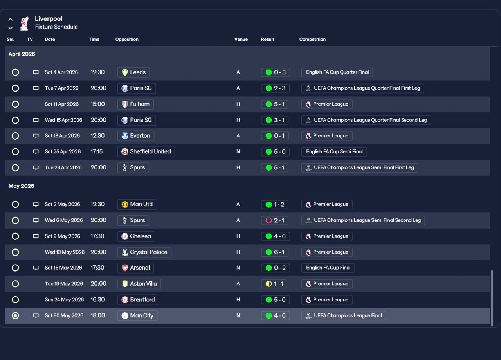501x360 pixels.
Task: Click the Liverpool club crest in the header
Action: pyautogui.click(x=24, y=23)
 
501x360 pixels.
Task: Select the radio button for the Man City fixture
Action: pyautogui.click(x=15, y=316)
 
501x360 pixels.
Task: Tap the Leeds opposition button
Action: pyautogui.click(x=133, y=72)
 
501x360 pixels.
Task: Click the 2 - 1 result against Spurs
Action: pyautogui.click(x=276, y=220)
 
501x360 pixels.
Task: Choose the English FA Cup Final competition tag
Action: pyautogui.click(x=328, y=268)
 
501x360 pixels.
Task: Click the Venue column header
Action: pyautogui.click(x=241, y=40)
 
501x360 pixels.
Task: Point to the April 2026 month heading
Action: pyautogui.click(x=22, y=54)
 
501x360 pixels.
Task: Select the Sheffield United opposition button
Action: pyautogui.click(x=146, y=152)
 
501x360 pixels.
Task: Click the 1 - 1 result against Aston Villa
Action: pyautogui.click(x=276, y=284)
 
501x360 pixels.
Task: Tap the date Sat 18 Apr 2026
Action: pyautogui.click(x=62, y=136)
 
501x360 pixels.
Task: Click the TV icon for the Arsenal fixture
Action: pyautogui.click(x=36, y=268)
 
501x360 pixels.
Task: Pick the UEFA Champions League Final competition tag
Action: pyautogui.click(x=344, y=316)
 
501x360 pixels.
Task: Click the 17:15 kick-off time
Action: pyautogui.click(x=97, y=152)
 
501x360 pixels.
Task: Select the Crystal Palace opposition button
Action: pyautogui.click(x=144, y=252)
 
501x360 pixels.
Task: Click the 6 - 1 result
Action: pyautogui.click(x=276, y=252)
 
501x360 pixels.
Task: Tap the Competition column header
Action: pyautogui.click(x=312, y=40)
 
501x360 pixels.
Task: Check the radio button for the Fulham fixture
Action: pyautogui.click(x=15, y=104)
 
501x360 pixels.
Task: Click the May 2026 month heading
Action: pyautogui.click(x=22, y=186)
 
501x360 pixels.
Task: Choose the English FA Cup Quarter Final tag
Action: pyautogui.click(x=337, y=72)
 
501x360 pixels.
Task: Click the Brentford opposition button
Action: pyautogui.click(x=138, y=300)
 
